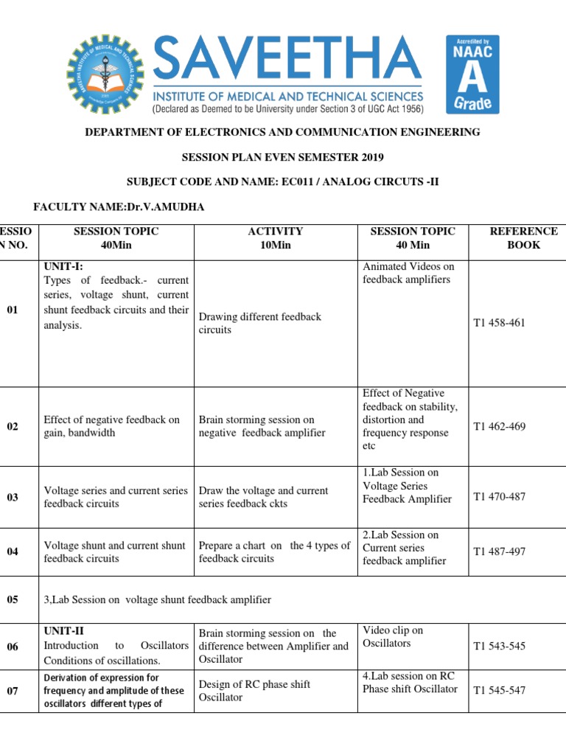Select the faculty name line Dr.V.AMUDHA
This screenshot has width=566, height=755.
119,207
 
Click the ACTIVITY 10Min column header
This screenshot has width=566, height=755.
276,238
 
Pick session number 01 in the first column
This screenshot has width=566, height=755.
13,310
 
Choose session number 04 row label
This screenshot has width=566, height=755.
13,552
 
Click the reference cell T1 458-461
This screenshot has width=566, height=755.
499,323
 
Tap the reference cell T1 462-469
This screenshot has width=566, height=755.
499,426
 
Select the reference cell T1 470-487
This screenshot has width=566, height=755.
499,496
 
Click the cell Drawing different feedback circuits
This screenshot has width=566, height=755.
259,323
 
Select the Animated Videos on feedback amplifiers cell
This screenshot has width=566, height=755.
408,273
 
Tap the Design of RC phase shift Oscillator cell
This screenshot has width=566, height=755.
254,690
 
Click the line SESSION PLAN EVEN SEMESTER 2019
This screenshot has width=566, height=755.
283,157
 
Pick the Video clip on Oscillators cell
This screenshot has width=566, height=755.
392,637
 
